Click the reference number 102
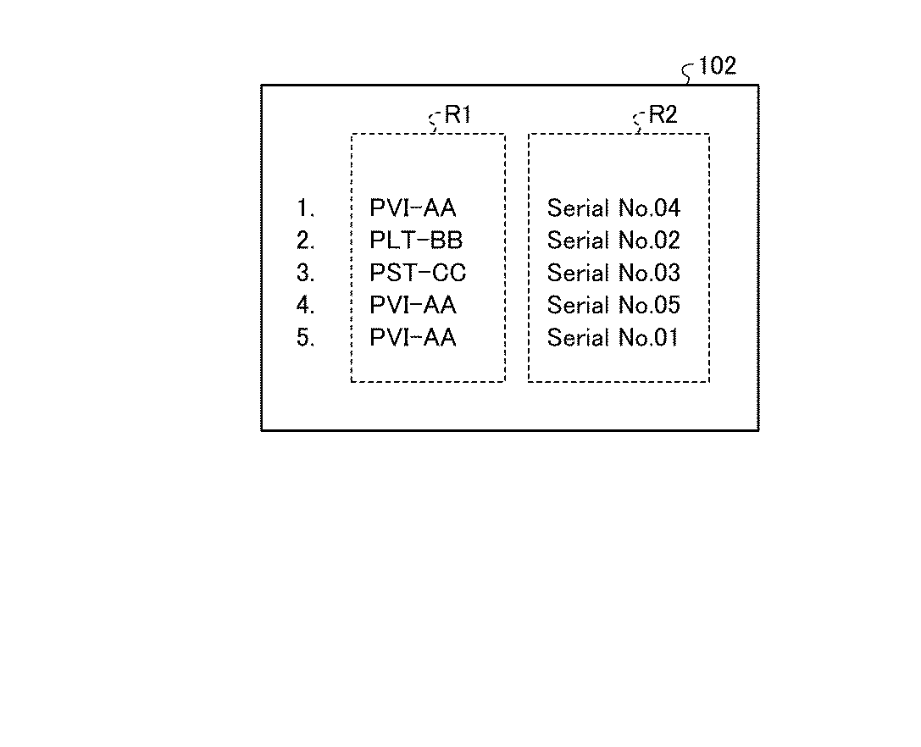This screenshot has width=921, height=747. (x=718, y=66)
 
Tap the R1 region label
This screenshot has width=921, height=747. (x=458, y=115)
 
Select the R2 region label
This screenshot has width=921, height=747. (x=663, y=115)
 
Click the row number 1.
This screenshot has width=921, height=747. (x=305, y=208)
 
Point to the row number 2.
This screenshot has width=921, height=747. (x=305, y=241)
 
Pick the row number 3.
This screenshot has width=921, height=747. (x=305, y=273)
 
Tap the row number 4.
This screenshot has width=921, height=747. (x=305, y=305)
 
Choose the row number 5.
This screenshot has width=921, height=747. (x=305, y=338)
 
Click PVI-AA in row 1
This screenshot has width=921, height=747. (x=413, y=208)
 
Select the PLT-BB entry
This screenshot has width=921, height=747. (x=416, y=241)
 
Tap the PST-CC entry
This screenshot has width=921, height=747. (x=418, y=273)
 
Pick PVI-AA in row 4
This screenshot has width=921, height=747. (x=413, y=305)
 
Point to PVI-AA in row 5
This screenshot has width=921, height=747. (x=413, y=338)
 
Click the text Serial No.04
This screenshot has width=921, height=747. (x=613, y=208)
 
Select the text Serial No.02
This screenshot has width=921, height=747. (x=613, y=241)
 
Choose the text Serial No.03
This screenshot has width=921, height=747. (x=613, y=273)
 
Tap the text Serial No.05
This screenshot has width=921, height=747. (x=613, y=305)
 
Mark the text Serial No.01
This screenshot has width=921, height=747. (x=613, y=338)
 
